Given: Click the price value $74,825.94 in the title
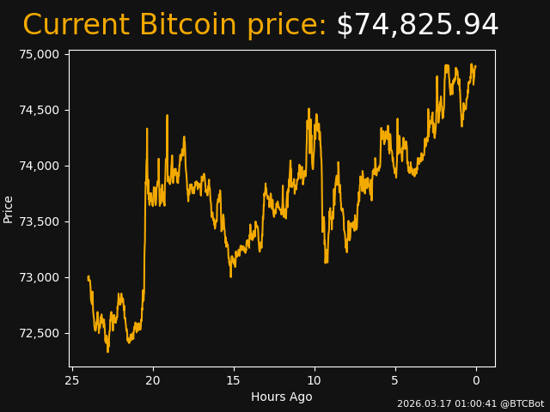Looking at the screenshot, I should pos(417,26).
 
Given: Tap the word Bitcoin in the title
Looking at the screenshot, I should pos(187,26).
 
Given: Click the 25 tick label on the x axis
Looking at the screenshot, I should pos(72,380).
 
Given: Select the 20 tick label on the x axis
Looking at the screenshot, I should pos(153,380).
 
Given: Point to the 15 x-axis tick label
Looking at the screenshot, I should pos(234,380).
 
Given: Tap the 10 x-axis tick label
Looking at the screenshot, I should pos(315,380).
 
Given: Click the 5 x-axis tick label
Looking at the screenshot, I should pos(395,380).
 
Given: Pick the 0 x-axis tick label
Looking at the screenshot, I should pos(476,380).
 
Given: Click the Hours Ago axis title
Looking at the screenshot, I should pos(282,397).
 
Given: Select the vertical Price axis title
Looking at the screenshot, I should pos(9,209).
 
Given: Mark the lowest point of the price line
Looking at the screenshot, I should pos(107,352).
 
